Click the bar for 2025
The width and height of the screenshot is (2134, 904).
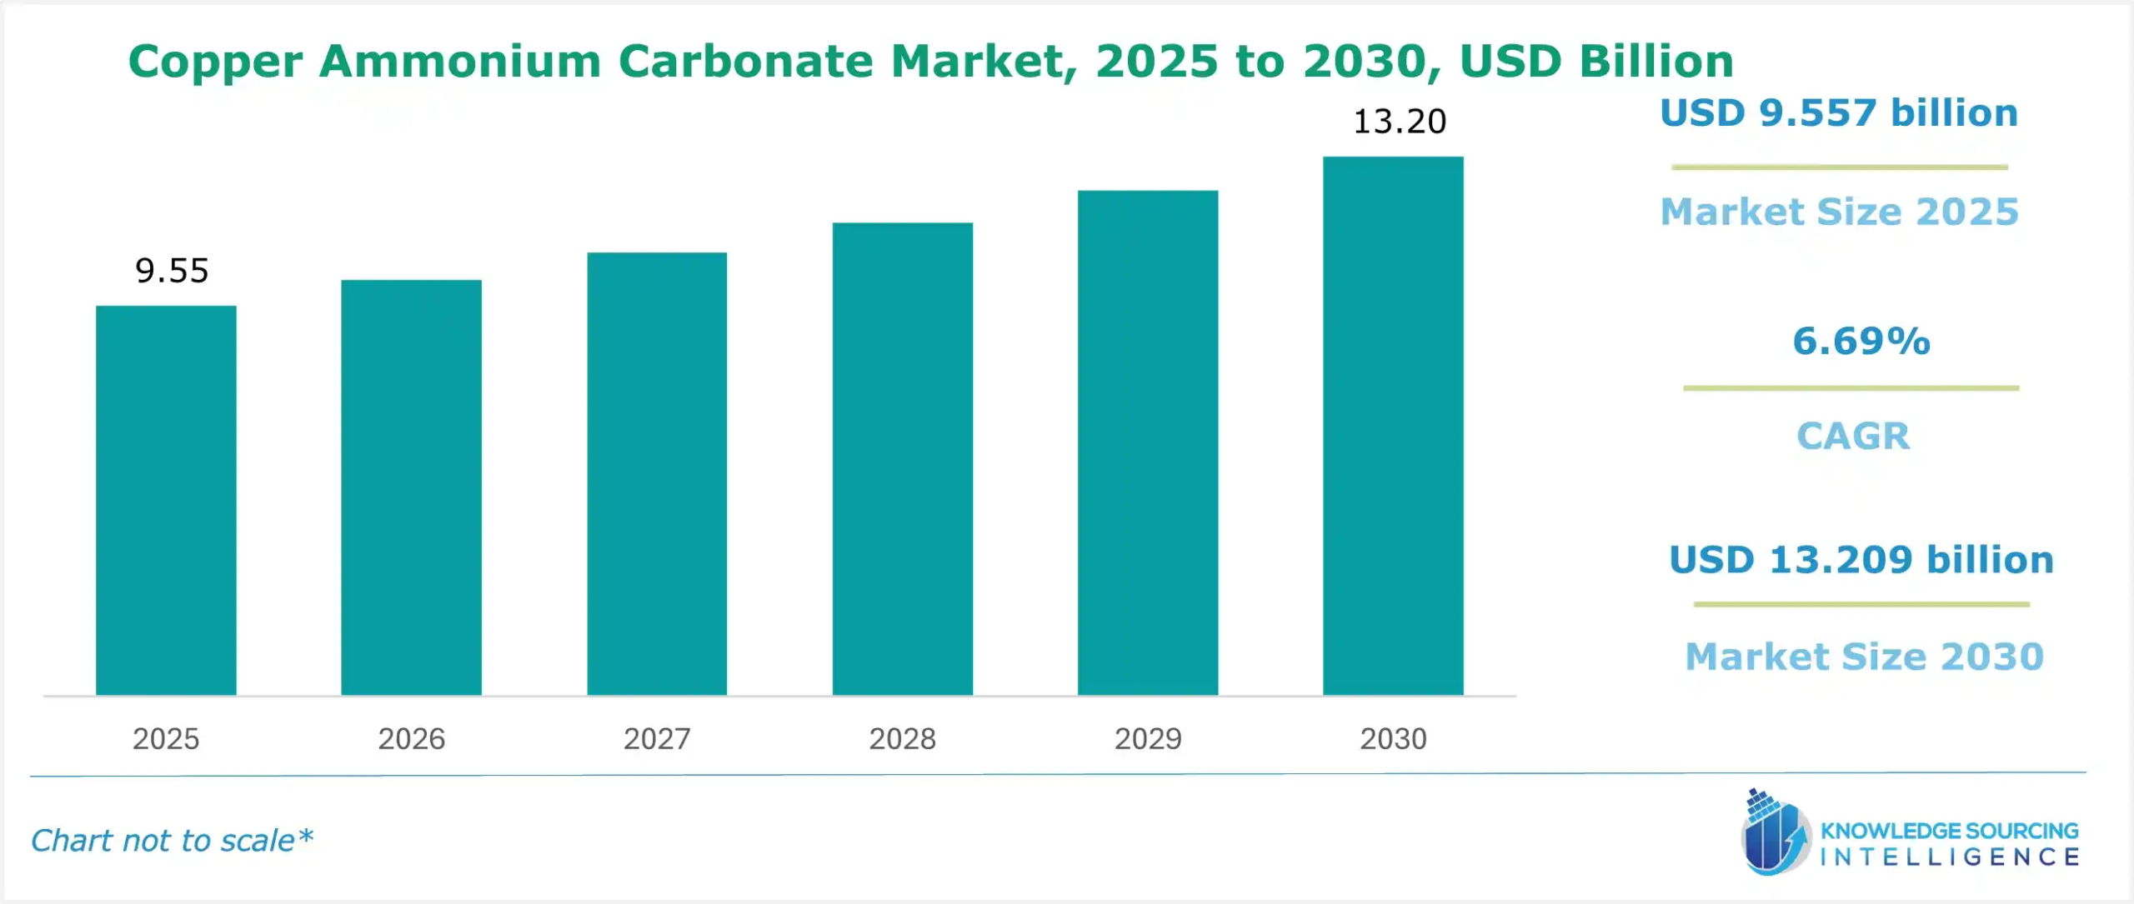(166, 500)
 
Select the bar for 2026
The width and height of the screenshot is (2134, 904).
(411, 487)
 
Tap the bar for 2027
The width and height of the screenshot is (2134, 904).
(657, 473)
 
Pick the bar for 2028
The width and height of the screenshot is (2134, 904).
(902, 458)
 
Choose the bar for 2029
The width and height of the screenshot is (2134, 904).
(1148, 442)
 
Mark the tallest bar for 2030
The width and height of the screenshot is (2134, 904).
(1393, 426)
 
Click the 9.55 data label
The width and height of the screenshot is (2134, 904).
(172, 271)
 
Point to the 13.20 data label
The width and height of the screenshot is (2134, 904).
(1400, 122)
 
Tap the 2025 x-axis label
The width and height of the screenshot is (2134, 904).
(166, 739)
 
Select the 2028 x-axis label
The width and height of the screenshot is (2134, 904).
(902, 739)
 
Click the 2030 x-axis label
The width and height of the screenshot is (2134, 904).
(1393, 739)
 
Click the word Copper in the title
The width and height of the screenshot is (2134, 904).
(215, 62)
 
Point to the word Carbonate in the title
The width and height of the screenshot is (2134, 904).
(745, 61)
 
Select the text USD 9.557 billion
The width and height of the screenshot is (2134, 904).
(1839, 112)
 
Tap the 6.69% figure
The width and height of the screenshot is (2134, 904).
(1861, 341)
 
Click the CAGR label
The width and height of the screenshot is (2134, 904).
(1853, 436)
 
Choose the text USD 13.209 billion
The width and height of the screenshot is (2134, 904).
(1861, 559)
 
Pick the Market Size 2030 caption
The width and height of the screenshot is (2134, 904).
(1865, 657)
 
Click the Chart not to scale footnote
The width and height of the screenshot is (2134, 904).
(172, 841)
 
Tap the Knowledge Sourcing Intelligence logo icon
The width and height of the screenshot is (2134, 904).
(1776, 833)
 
